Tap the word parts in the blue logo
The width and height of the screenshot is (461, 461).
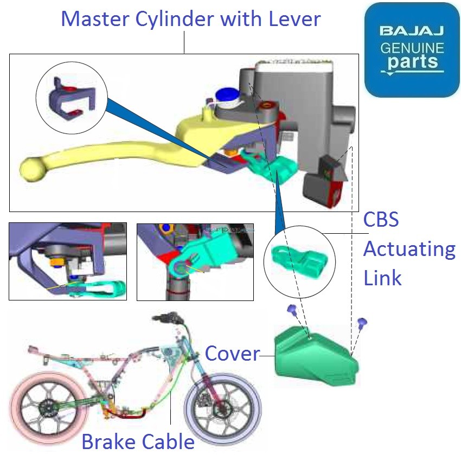tap(412, 61)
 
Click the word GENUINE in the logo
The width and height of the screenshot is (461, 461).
tap(412, 47)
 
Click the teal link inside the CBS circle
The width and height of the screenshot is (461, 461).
tap(296, 260)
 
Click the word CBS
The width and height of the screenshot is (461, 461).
tap(381, 220)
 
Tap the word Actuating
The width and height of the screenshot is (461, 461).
tap(409, 249)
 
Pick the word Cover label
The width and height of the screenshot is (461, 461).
tap(232, 354)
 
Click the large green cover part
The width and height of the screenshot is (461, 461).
tap(315, 355)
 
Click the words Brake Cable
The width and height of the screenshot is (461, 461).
tap(138, 441)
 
